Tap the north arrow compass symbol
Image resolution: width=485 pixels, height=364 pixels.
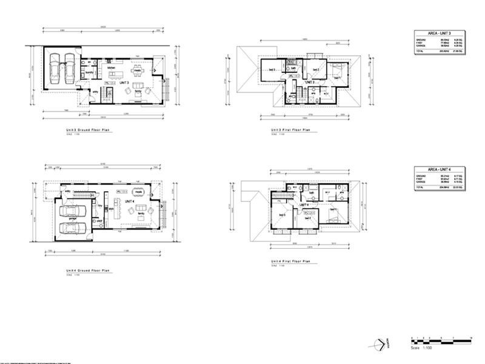coord(380,344)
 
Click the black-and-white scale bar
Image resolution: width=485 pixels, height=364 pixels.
coord(441,338)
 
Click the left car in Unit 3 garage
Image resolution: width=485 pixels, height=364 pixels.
coord(55,67)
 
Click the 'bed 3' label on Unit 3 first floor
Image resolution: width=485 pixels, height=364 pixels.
coord(272,70)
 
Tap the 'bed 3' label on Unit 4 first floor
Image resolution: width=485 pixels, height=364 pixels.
coord(282,215)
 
